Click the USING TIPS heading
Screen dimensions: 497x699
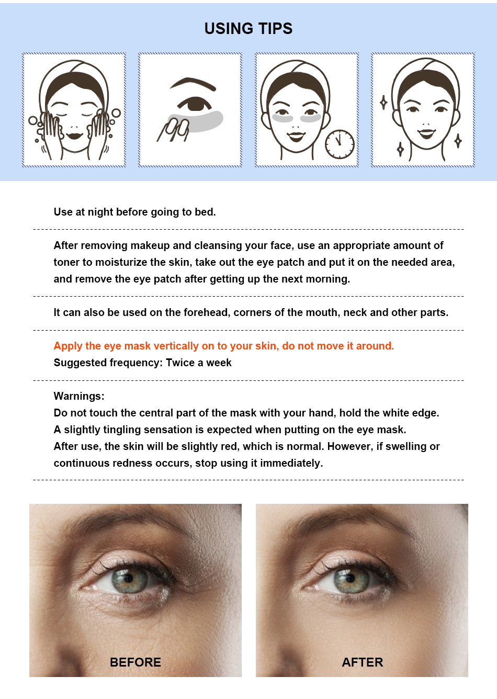(249, 28)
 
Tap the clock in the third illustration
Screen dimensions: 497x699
(340, 144)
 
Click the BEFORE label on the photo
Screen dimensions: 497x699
(135, 662)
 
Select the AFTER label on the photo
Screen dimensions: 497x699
(362, 662)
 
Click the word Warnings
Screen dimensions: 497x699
(79, 396)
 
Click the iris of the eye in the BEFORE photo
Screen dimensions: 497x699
(129, 581)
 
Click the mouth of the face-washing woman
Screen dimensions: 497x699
(75, 136)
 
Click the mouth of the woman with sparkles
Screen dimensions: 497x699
(426, 134)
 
